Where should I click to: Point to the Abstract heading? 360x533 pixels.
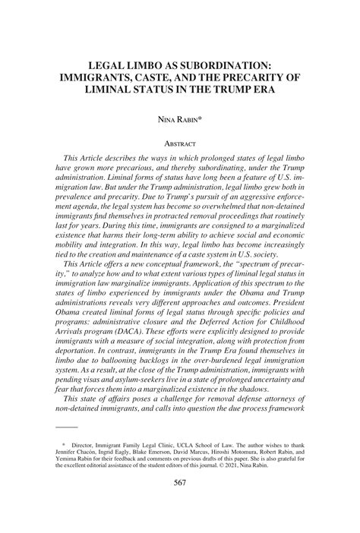180,143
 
